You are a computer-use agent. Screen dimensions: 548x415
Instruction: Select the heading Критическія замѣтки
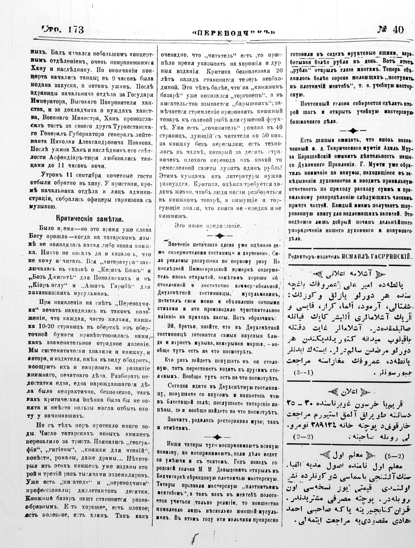tap(90, 219)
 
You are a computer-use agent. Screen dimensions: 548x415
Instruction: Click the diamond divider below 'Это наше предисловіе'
tap(218, 235)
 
